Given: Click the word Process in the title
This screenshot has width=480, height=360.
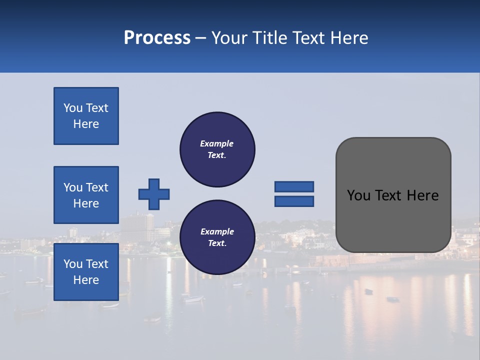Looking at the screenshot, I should click(x=157, y=38).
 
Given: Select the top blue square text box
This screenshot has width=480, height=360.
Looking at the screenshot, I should click(x=86, y=116).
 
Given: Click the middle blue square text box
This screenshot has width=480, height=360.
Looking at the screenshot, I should click(x=86, y=195).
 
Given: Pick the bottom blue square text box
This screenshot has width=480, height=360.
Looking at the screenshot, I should click(x=86, y=271).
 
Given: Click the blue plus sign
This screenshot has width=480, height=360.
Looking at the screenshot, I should click(x=154, y=194).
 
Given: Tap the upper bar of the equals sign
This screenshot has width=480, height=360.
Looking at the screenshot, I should click(x=294, y=186).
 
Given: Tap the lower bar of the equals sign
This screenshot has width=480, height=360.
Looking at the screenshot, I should click(x=294, y=201).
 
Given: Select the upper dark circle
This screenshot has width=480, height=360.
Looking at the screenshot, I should click(x=217, y=149).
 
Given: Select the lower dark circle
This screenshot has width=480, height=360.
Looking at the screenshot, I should click(x=217, y=237).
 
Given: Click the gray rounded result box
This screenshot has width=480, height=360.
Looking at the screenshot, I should click(x=393, y=195).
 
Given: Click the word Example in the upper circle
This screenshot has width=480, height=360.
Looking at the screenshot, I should click(x=217, y=143).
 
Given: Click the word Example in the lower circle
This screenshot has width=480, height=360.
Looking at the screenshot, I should click(x=217, y=231).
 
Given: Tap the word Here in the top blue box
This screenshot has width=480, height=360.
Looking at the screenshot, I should click(x=86, y=124).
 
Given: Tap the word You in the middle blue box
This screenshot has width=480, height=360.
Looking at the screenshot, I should click(x=72, y=187).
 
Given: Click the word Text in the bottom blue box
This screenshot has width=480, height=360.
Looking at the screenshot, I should click(x=97, y=264).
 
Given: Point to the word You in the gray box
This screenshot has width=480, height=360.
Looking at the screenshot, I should click(x=358, y=195).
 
